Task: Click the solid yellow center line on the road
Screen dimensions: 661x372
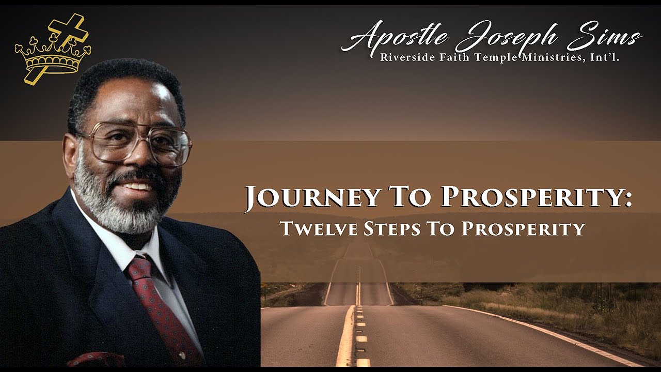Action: click(345, 336)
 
